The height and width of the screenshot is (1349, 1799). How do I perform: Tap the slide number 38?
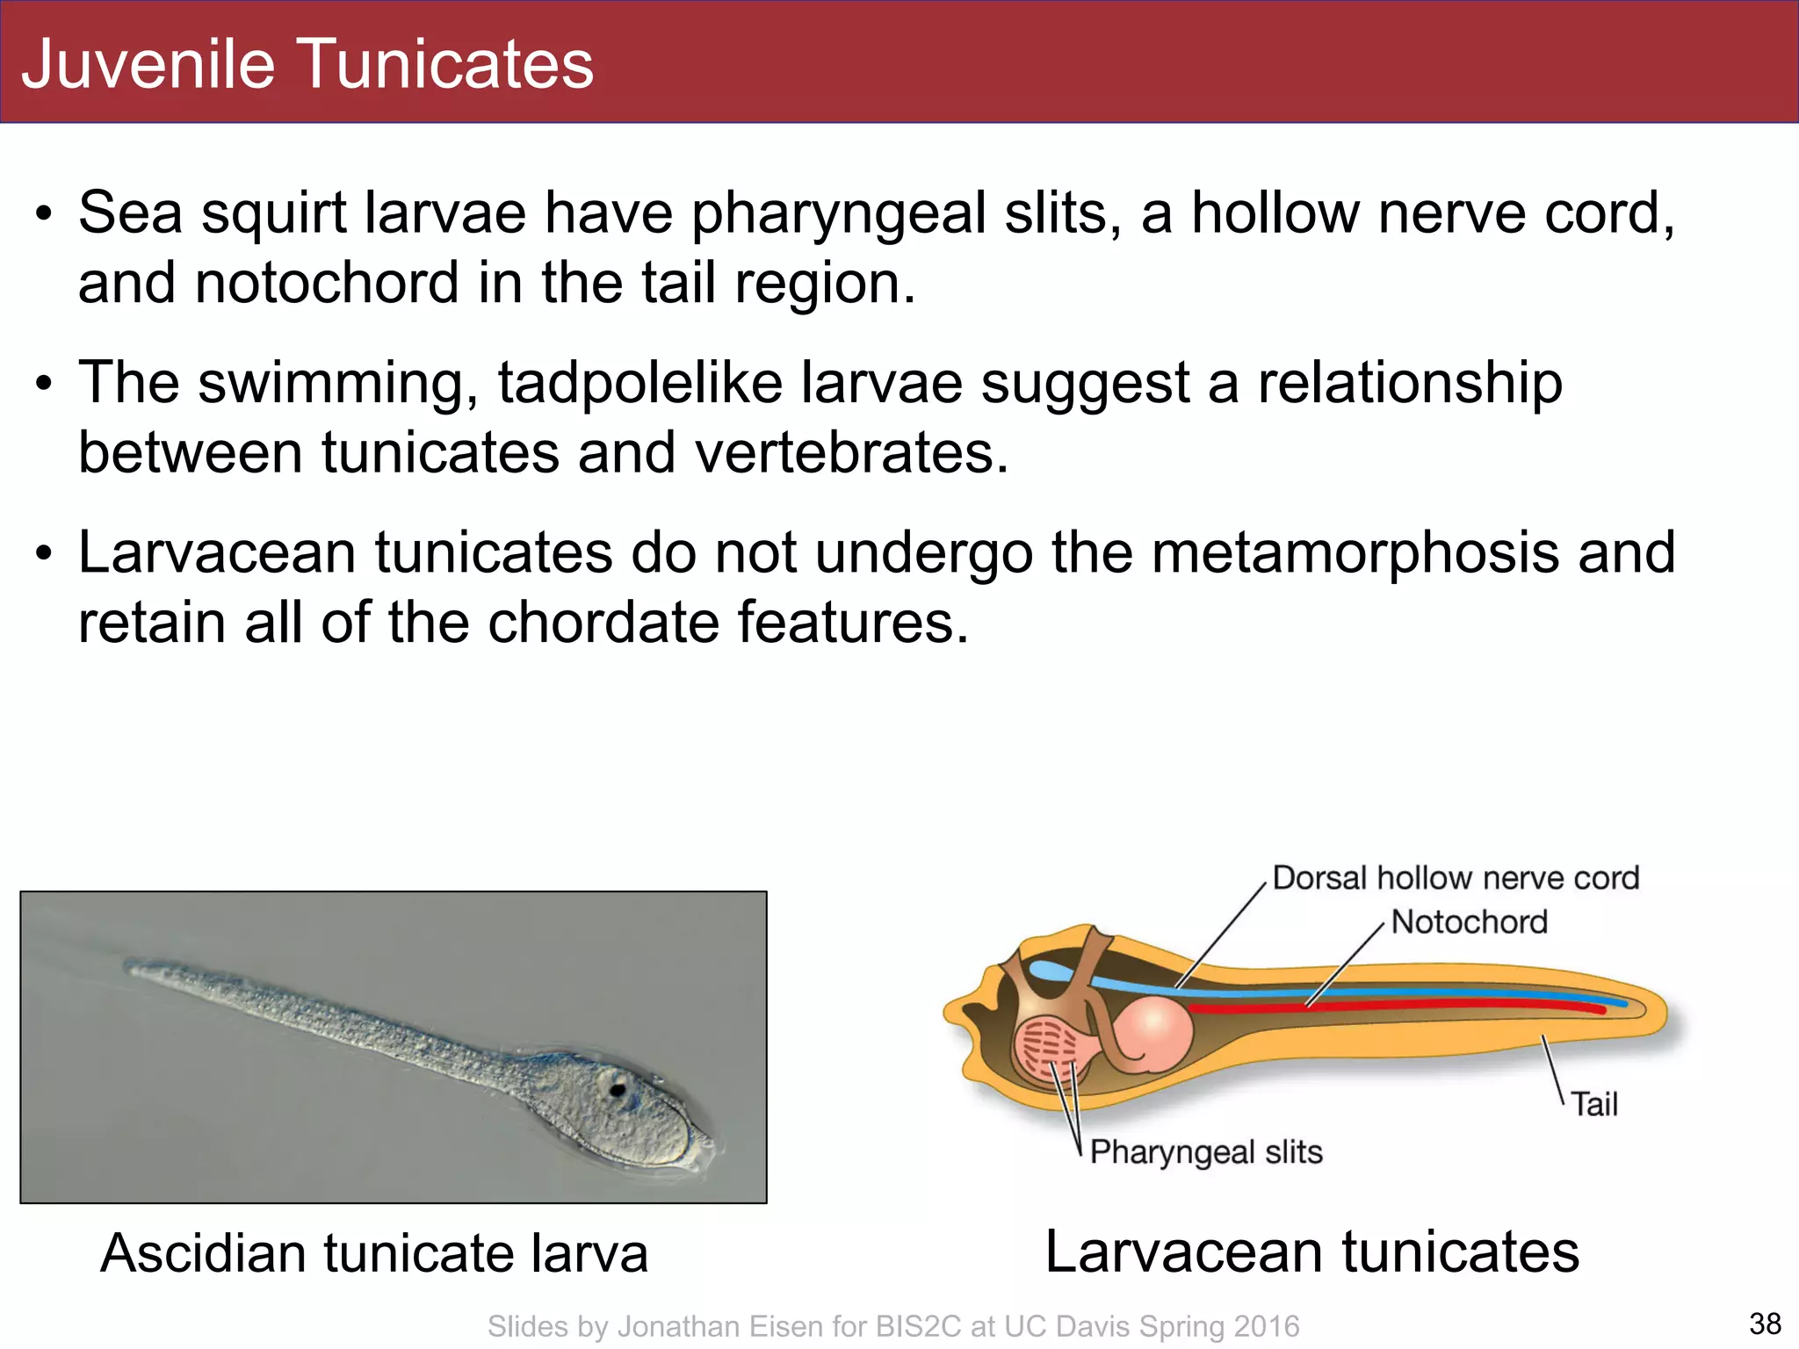pos(1765,1323)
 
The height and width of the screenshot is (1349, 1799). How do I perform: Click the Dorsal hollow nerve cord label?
pos(1456,877)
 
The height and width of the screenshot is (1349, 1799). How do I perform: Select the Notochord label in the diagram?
pos(1469,922)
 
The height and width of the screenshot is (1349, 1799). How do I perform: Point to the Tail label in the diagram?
pos(1593,1104)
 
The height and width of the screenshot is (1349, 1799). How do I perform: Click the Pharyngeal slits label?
pos(1205,1151)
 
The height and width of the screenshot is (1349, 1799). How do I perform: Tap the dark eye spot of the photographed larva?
pos(618,1090)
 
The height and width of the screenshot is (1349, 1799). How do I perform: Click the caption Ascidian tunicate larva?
pos(374,1252)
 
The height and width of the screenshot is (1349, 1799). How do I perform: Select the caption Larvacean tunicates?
pos(1311,1251)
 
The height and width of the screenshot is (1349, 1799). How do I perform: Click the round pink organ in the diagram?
pos(1153,1034)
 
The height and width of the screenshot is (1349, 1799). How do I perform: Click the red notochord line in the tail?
pos(1405,1006)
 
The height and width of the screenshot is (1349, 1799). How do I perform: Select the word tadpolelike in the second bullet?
pos(639,383)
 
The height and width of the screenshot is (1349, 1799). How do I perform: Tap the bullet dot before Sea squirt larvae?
pos(45,214)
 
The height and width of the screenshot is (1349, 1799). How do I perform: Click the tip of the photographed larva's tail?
pos(130,966)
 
